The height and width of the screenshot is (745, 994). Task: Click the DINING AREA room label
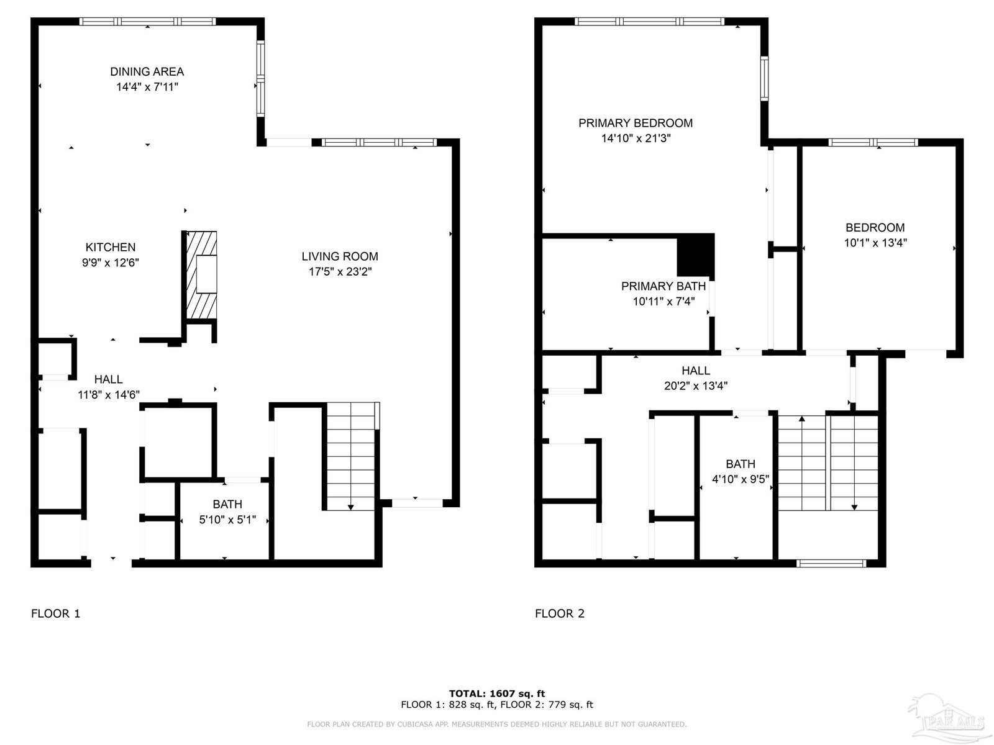click(x=147, y=71)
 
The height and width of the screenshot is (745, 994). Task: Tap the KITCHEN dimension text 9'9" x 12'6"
click(x=111, y=263)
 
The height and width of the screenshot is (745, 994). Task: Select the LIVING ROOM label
click(x=340, y=256)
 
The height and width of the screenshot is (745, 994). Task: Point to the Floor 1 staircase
click(x=351, y=456)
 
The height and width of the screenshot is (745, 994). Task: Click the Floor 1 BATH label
click(x=227, y=504)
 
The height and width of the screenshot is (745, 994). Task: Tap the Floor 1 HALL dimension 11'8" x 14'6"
click(x=109, y=395)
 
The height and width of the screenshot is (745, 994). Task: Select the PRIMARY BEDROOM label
click(x=636, y=123)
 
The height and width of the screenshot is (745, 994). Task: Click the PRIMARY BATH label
click(x=663, y=286)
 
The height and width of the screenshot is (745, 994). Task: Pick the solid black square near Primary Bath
click(x=696, y=255)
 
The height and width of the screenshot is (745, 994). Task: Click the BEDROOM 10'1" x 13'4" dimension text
click(x=875, y=243)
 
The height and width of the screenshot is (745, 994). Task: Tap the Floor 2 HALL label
click(x=696, y=371)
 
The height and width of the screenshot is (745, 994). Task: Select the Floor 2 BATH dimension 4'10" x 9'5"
click(x=741, y=479)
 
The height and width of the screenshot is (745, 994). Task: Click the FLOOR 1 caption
click(x=56, y=613)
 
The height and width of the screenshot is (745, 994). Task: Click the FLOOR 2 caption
click(x=560, y=613)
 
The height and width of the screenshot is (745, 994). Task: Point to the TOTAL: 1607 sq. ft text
click(x=497, y=693)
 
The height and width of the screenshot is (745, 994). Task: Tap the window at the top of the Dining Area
click(x=148, y=21)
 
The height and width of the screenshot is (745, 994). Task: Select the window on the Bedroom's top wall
click(x=873, y=143)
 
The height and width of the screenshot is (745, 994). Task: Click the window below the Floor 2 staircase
click(x=831, y=563)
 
